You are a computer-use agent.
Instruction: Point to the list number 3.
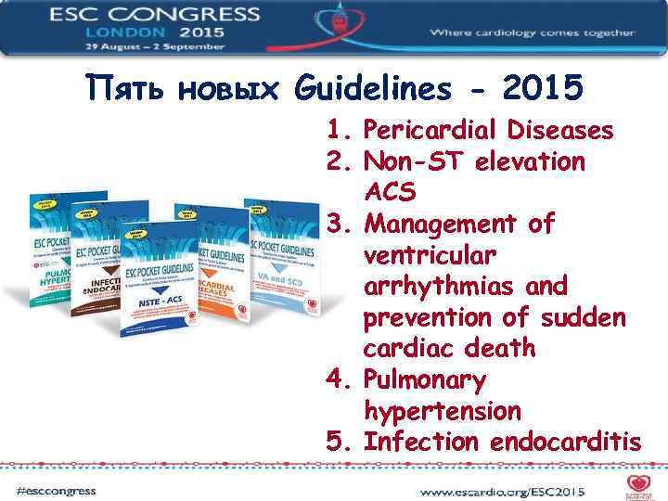click(336, 224)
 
